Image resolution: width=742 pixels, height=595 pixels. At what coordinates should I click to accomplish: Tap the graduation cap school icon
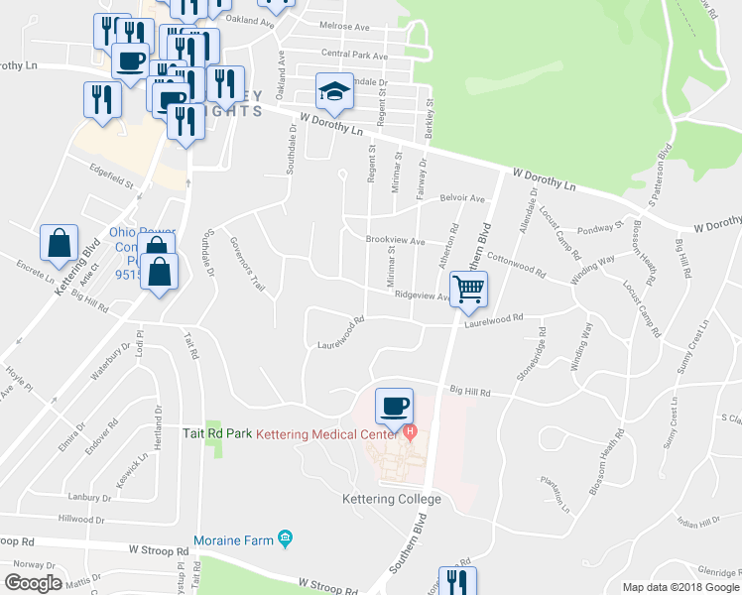pyautogui.click(x=334, y=92)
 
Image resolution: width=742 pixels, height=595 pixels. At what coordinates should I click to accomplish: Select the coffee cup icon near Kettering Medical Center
pyautogui.click(x=394, y=405)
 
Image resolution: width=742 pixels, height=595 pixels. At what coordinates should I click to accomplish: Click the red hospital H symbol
pyautogui.click(x=410, y=433)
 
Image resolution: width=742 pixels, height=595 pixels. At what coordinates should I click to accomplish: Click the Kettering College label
pyautogui.click(x=392, y=499)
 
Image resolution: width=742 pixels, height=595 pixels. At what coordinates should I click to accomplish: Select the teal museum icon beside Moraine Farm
pyautogui.click(x=286, y=538)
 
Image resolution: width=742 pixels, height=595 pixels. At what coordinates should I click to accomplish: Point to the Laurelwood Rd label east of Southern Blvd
pyautogui.click(x=492, y=319)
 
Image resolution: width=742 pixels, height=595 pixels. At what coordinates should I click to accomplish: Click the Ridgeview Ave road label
pyautogui.click(x=423, y=295)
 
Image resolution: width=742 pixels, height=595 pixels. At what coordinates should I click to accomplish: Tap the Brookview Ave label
pyautogui.click(x=395, y=241)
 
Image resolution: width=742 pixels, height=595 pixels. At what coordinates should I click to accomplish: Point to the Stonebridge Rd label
pyautogui.click(x=529, y=353)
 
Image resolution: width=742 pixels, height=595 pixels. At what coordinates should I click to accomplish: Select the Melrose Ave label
pyautogui.click(x=343, y=26)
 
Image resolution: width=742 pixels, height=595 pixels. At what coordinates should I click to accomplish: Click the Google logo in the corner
pyautogui.click(x=32, y=583)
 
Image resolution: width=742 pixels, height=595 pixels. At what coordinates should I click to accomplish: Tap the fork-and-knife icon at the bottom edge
pyautogui.click(x=457, y=581)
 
